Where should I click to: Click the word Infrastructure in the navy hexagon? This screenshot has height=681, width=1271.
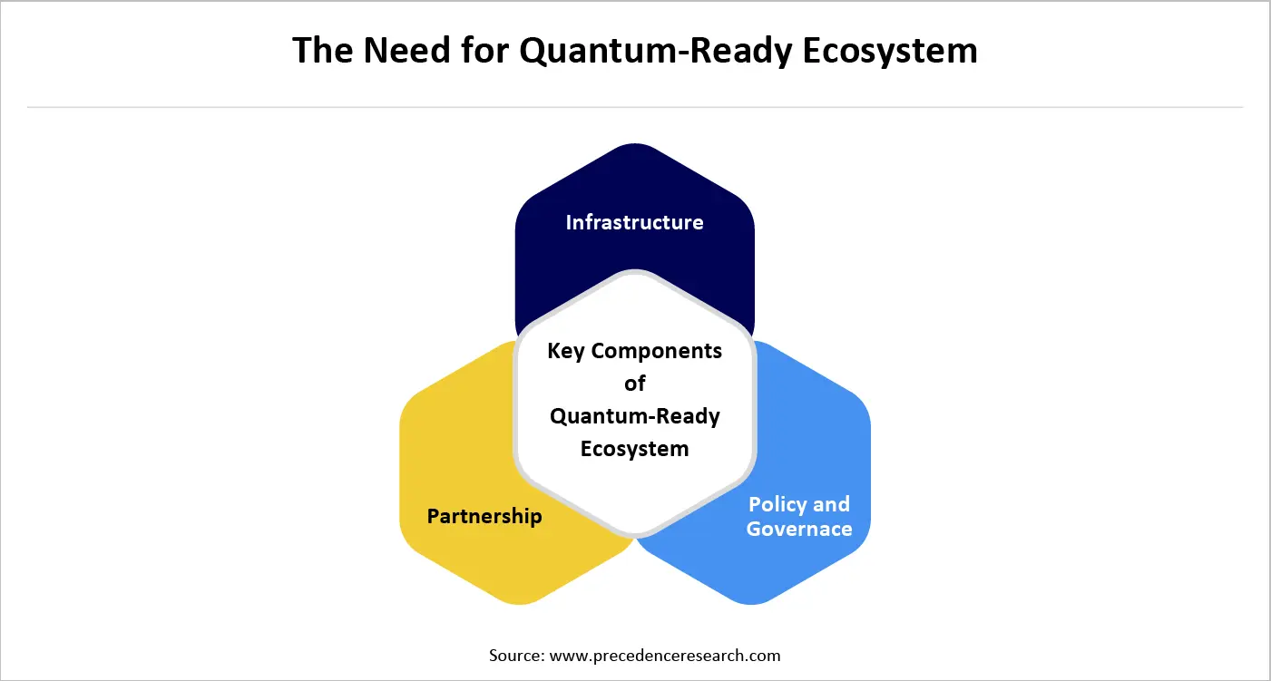pyautogui.click(x=634, y=222)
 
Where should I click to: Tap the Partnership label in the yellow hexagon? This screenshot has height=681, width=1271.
pyautogui.click(x=484, y=516)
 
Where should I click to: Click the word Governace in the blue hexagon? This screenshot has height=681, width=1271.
pyautogui.click(x=799, y=529)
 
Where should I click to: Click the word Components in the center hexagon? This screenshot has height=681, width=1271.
pyautogui.click(x=656, y=351)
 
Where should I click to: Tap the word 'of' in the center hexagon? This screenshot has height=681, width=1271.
pyautogui.click(x=634, y=383)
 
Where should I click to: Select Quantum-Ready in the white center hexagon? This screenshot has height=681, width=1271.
pyautogui.click(x=634, y=416)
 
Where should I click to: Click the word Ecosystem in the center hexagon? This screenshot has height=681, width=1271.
pyautogui.click(x=634, y=449)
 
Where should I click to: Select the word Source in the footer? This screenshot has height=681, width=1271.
pyautogui.click(x=515, y=655)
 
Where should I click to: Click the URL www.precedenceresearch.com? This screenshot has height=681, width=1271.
pyautogui.click(x=664, y=655)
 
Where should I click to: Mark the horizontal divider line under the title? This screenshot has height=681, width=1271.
pyautogui.click(x=635, y=107)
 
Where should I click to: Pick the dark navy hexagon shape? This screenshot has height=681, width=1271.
pyautogui.click(x=634, y=181)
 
